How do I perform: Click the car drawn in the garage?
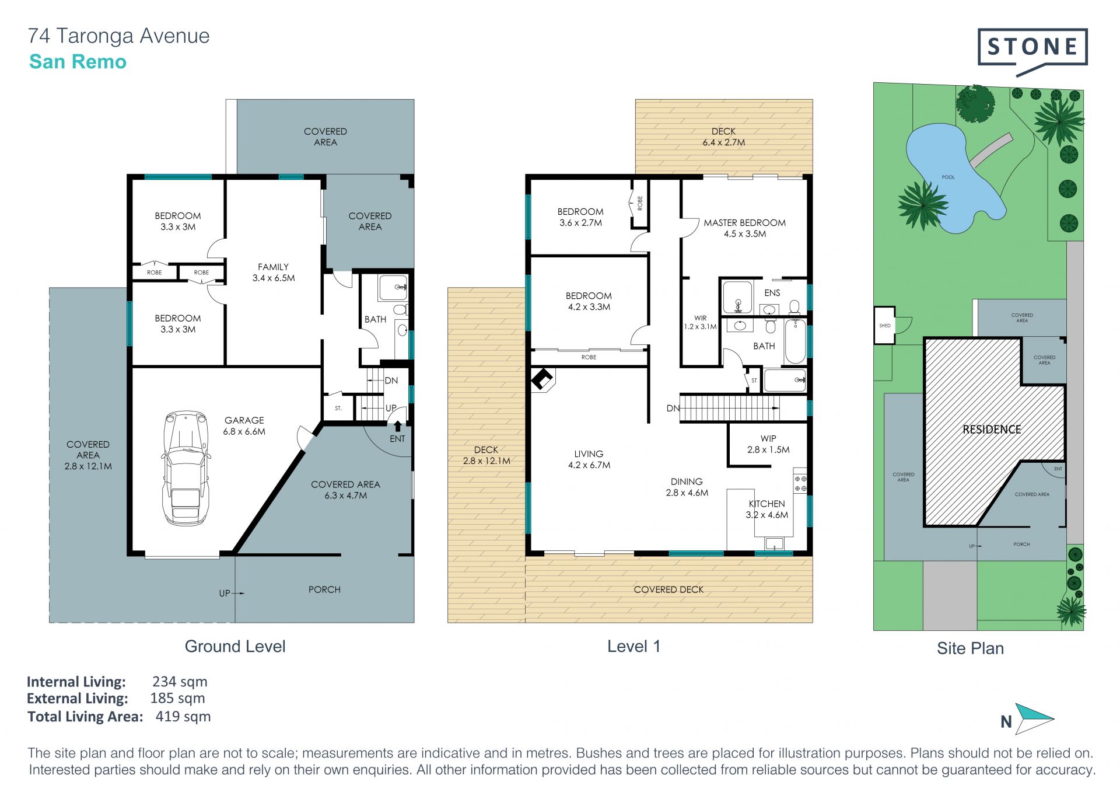point(185,467)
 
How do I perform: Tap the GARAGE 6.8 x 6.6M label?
point(244,425)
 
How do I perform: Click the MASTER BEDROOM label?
point(744,222)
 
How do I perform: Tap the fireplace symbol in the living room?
point(542,380)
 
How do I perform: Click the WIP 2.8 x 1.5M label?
point(768,444)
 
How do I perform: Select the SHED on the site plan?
point(885,325)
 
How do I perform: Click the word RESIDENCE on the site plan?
point(992,430)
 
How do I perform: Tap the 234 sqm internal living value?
point(180,681)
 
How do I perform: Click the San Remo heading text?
point(78,62)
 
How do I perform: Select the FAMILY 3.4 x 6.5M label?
point(274,272)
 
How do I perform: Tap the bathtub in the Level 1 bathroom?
point(795,341)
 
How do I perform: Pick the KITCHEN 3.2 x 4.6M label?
point(766,509)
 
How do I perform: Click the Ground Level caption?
point(235,646)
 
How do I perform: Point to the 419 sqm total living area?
point(183,716)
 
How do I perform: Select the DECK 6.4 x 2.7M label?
point(723,137)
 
